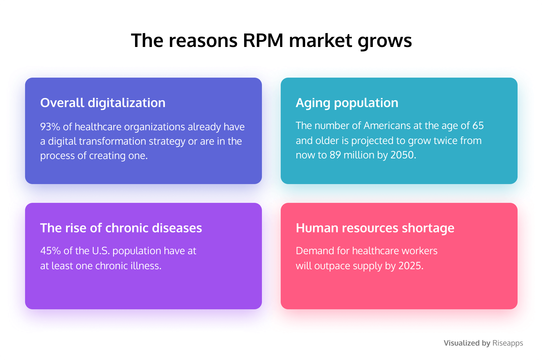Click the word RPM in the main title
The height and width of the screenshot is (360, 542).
[x=263, y=40]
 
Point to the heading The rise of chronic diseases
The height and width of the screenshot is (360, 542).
[x=121, y=228]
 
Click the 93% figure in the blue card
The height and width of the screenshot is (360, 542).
[x=50, y=127]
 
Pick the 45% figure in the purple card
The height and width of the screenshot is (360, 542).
[x=50, y=251]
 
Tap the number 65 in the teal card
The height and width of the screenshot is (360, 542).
[x=478, y=126]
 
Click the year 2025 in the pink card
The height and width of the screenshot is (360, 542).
[x=410, y=266]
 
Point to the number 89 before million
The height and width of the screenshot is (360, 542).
[x=335, y=155]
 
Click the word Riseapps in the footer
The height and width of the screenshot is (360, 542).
[x=508, y=343]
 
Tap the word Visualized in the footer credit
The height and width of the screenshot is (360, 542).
[x=462, y=343]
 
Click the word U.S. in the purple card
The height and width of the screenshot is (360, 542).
[x=101, y=251]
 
